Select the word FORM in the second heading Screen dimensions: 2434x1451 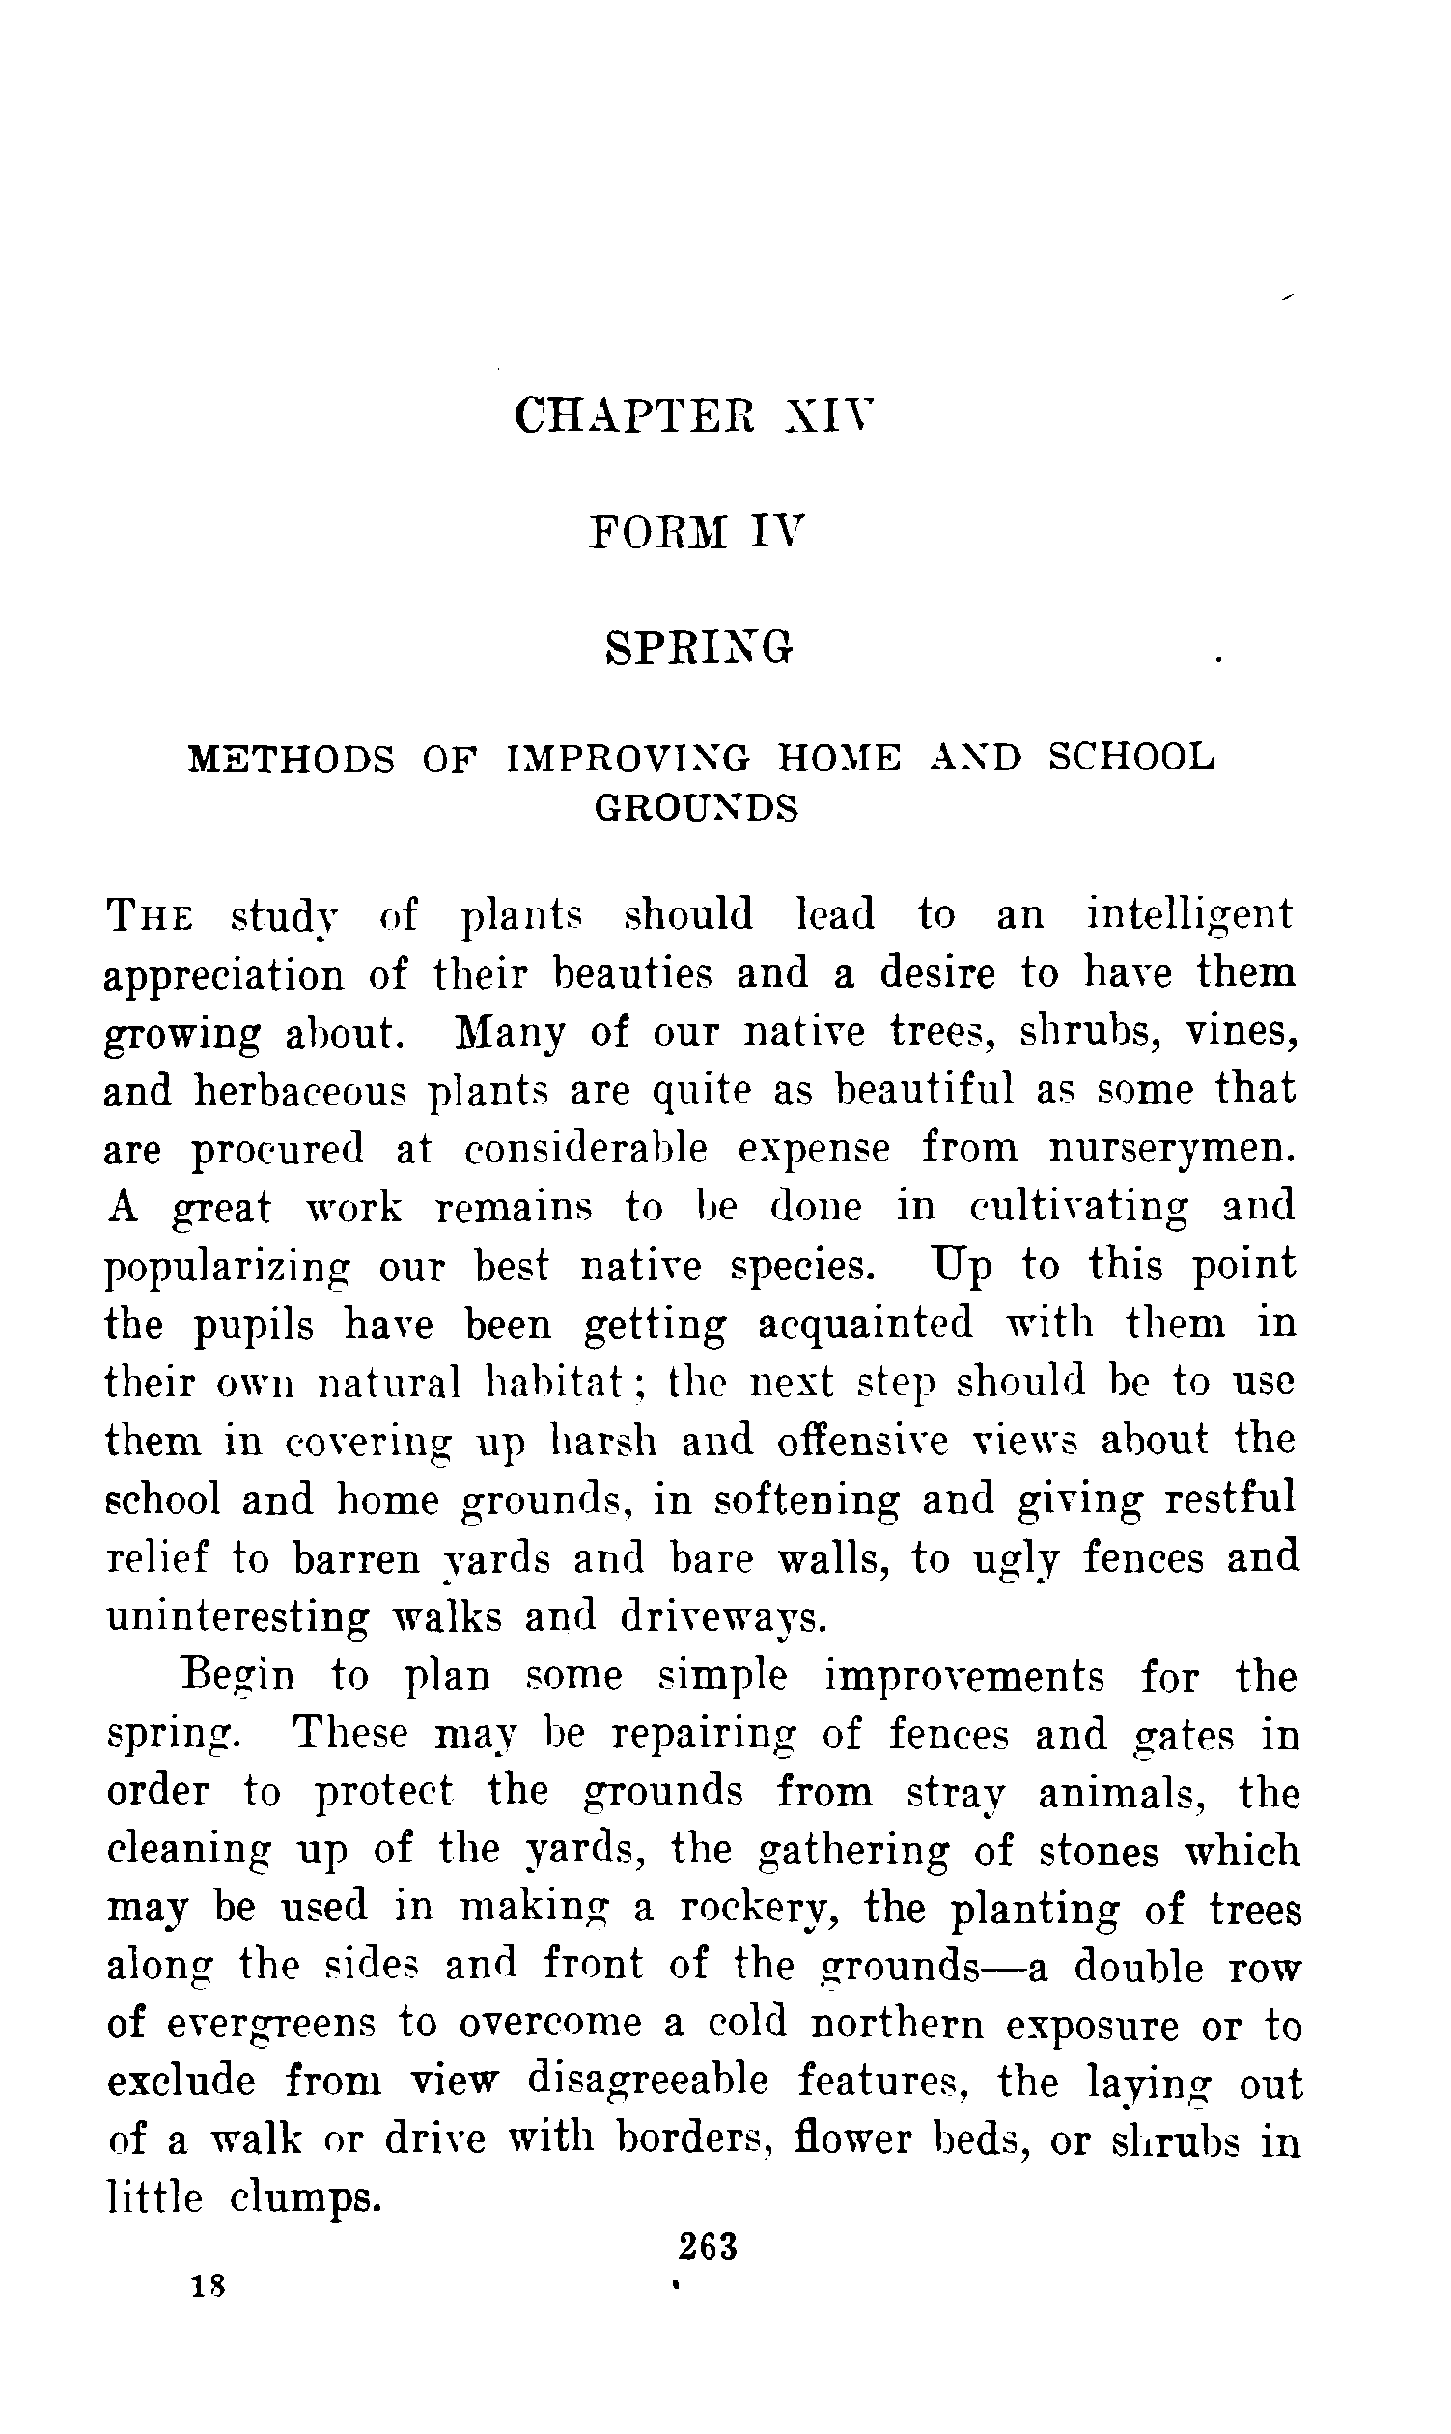pyautogui.click(x=659, y=533)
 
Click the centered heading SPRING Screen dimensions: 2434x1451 pyautogui.click(x=698, y=648)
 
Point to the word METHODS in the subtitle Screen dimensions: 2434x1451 pyautogui.click(x=292, y=758)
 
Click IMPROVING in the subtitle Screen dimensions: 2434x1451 pyautogui.click(x=628, y=758)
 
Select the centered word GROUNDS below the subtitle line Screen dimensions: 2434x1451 pyautogui.click(x=697, y=808)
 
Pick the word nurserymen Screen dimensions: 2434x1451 pyautogui.click(x=1172, y=1148)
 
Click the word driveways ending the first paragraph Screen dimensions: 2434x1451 pyautogui.click(x=724, y=1617)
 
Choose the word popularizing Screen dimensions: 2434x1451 pyautogui.click(x=227, y=1267)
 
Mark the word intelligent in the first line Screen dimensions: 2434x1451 pyautogui.click(x=1189, y=914)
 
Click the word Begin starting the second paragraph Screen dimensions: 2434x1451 pyautogui.click(x=238, y=1675)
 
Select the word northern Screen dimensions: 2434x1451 pyautogui.click(x=898, y=2024)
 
